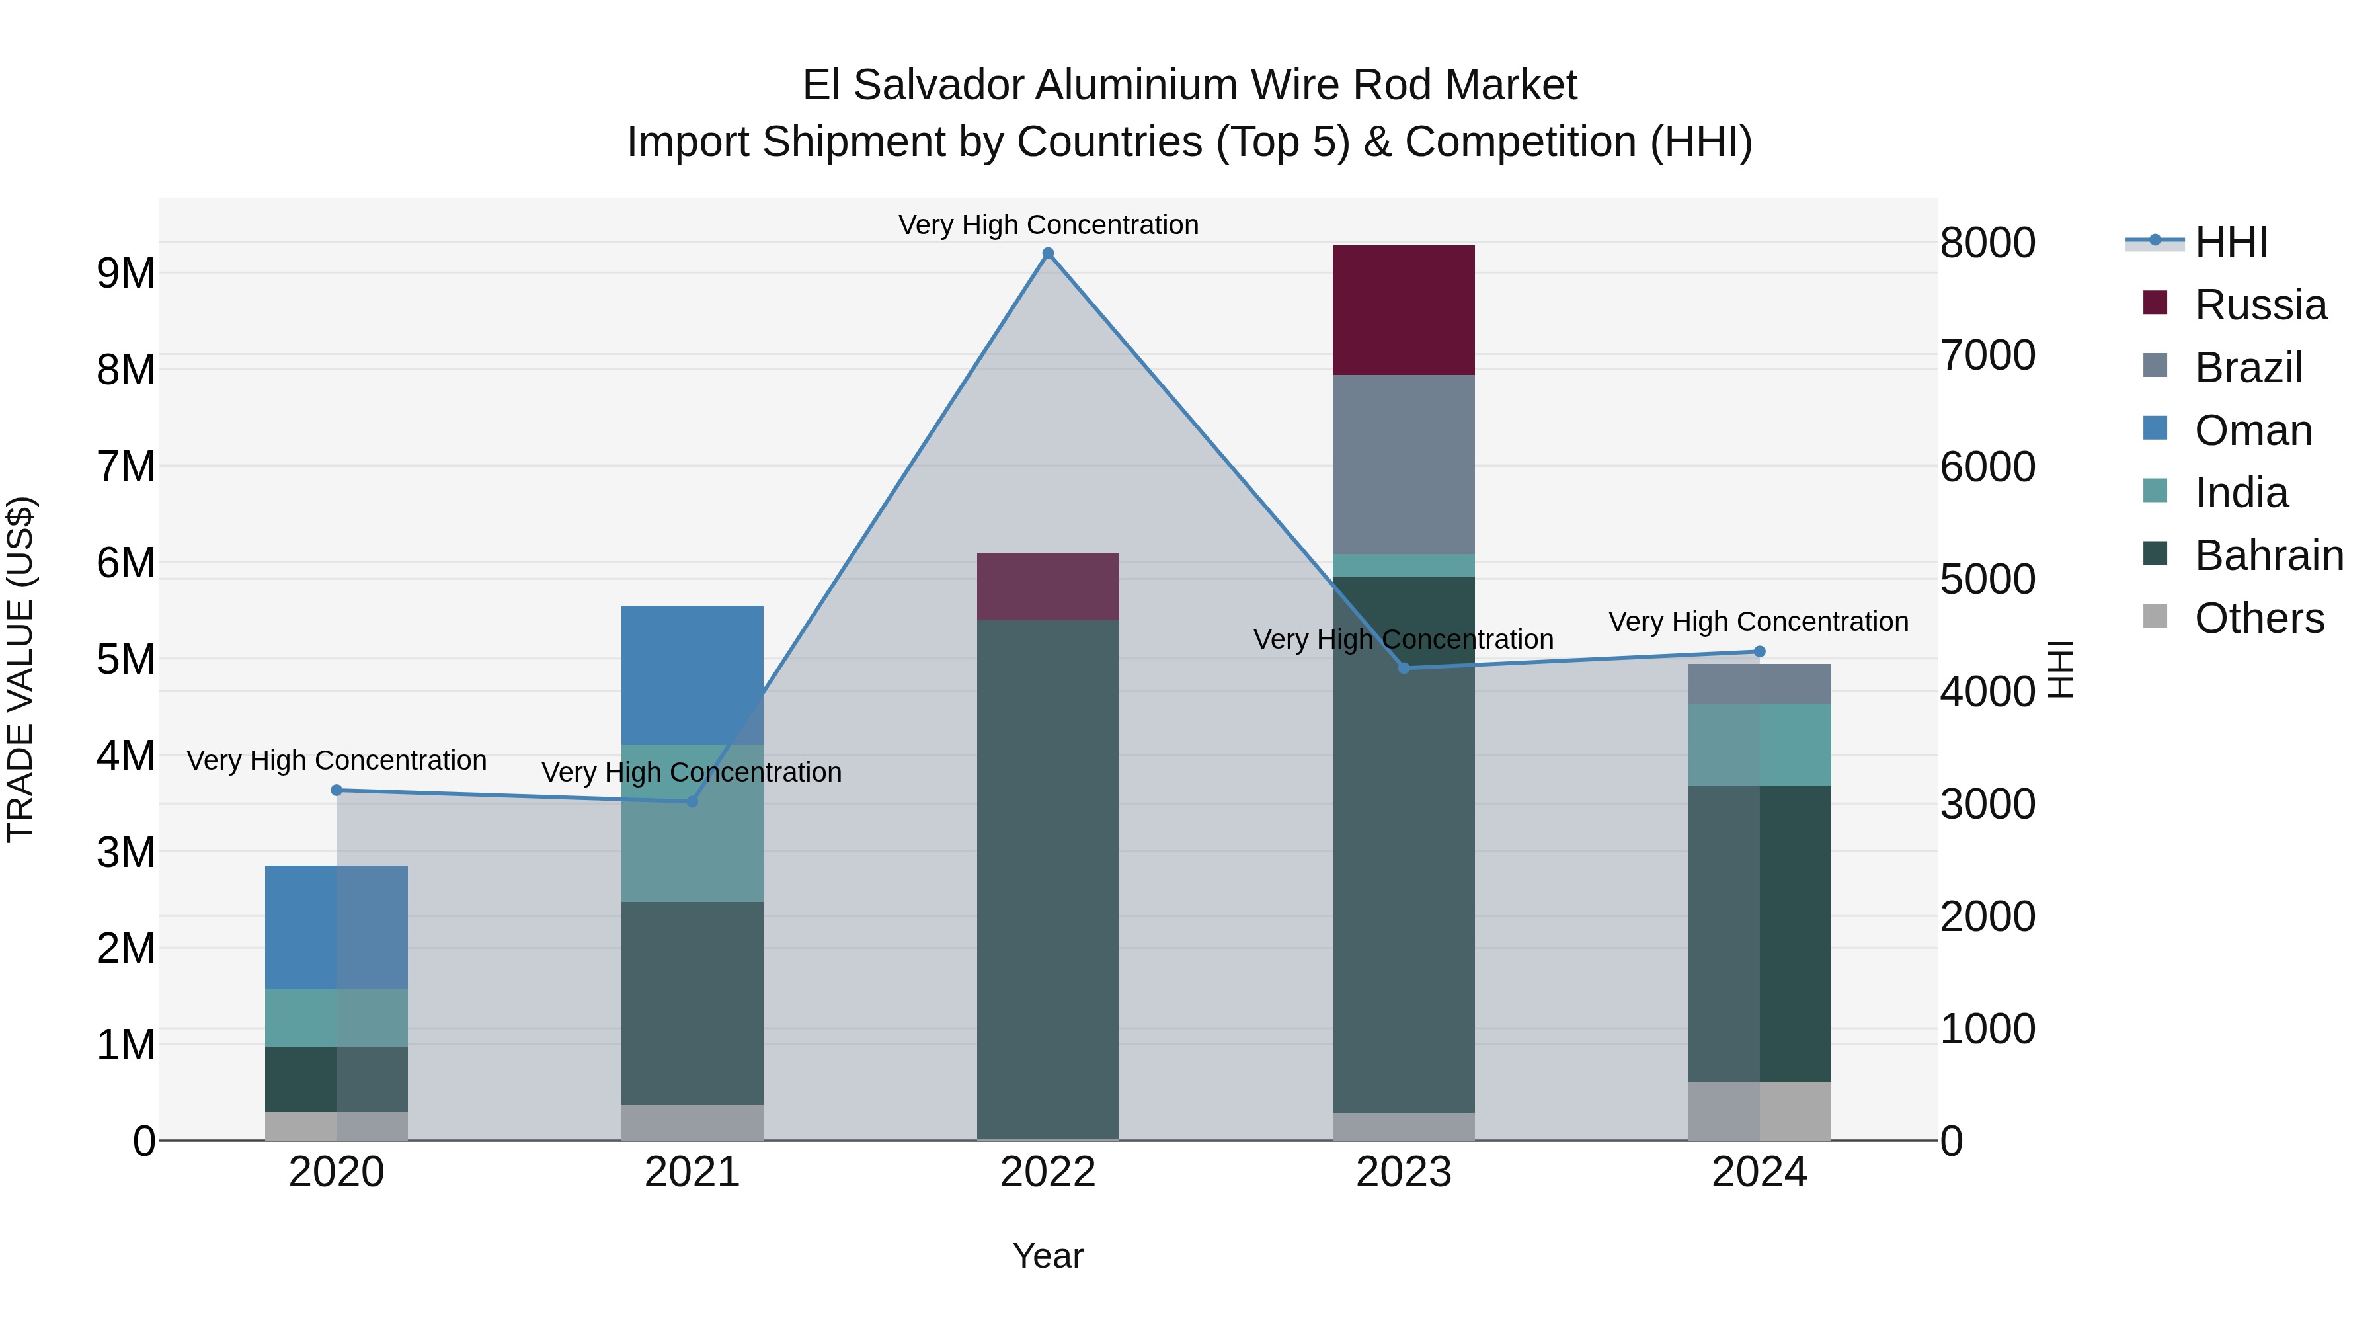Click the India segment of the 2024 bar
tap(1759, 744)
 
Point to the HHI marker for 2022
tap(1048, 253)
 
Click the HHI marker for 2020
tap(337, 790)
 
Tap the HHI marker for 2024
tap(1759, 651)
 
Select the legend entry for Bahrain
tap(2268, 555)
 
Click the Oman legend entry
tap(2252, 430)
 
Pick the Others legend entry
tap(2258, 618)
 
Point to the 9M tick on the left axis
tap(126, 274)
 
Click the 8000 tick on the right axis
tap(1987, 243)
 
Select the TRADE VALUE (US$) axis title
tap(21, 669)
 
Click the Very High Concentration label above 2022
tap(1048, 225)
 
